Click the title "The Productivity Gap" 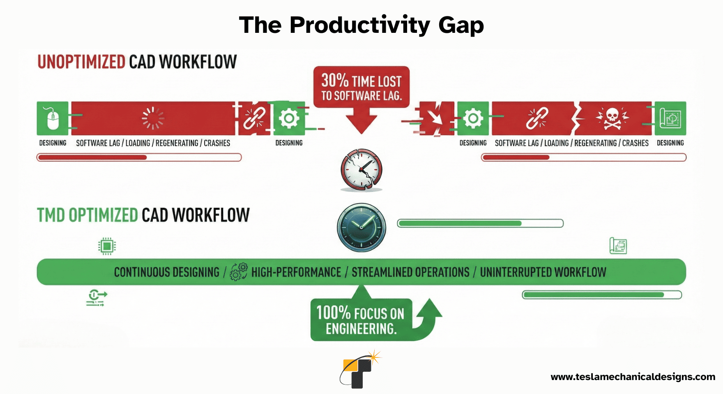[x=361, y=25]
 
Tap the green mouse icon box [x=53, y=118]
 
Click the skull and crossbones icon [x=612, y=119]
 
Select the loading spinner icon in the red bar [x=153, y=118]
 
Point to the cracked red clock [x=361, y=170]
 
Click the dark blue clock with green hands [x=361, y=227]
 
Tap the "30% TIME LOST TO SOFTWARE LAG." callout [x=361, y=87]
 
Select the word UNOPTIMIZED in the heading [x=81, y=62]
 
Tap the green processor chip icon [x=107, y=246]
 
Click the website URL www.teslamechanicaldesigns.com [x=633, y=377]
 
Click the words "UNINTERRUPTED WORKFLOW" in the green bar [x=543, y=272]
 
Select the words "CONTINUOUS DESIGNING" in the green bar [x=167, y=272]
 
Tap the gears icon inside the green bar [x=239, y=272]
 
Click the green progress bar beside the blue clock [x=480, y=223]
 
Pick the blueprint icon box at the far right [x=670, y=118]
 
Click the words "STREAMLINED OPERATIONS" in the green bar [x=410, y=272]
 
